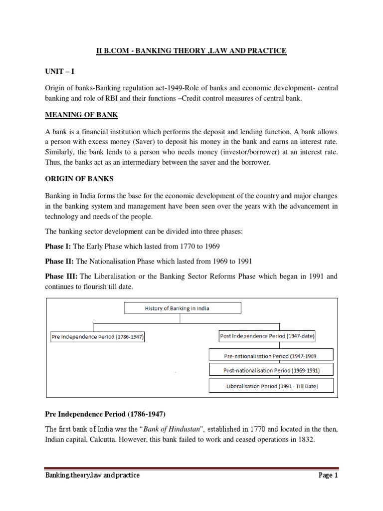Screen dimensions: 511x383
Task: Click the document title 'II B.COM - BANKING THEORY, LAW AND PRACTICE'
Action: coord(191,50)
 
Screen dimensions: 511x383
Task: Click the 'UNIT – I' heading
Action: coord(59,72)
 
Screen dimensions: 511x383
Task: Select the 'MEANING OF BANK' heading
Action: coord(81,115)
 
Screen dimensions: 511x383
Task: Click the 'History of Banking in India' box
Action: coord(182,308)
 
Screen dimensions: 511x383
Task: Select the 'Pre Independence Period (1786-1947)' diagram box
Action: coord(98,337)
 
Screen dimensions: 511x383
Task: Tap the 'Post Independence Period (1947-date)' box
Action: coord(267,336)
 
